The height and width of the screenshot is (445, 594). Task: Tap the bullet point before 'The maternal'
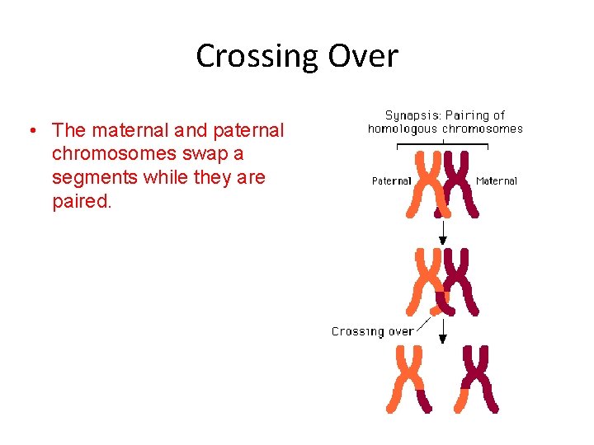(30, 131)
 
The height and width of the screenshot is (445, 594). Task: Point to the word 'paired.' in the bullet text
(81, 202)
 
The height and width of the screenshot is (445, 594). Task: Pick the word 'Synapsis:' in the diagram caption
(415, 115)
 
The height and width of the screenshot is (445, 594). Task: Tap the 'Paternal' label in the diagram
(391, 181)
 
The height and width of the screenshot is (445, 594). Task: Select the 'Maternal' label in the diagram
(497, 181)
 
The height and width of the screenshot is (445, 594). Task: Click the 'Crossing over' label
(372, 331)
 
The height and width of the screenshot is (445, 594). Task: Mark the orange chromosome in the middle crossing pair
(427, 281)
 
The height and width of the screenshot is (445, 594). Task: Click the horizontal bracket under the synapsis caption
(443, 146)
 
